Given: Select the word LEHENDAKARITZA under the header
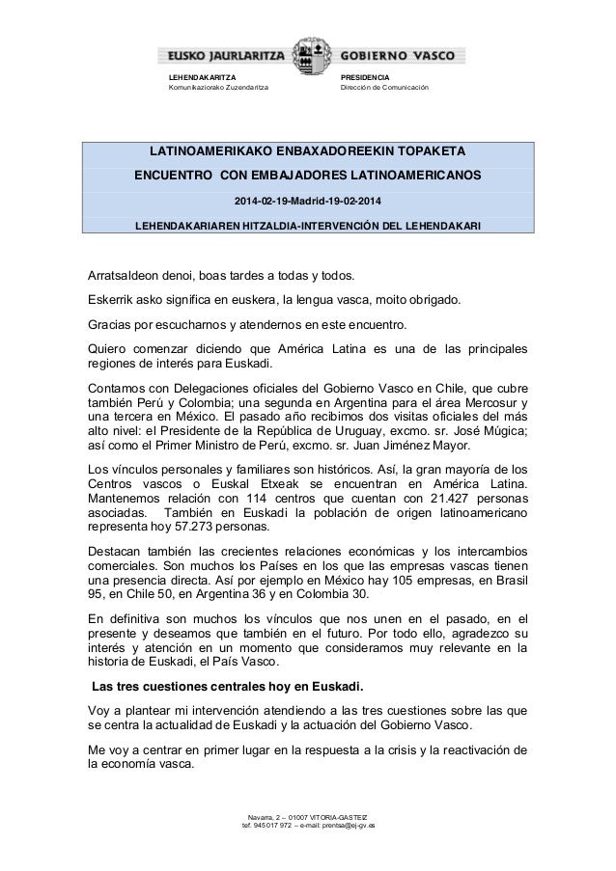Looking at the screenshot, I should [x=203, y=77].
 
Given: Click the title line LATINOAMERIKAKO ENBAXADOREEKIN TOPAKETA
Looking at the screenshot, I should [x=307, y=151].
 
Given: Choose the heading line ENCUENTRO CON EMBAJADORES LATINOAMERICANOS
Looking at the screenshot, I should [x=307, y=177].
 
